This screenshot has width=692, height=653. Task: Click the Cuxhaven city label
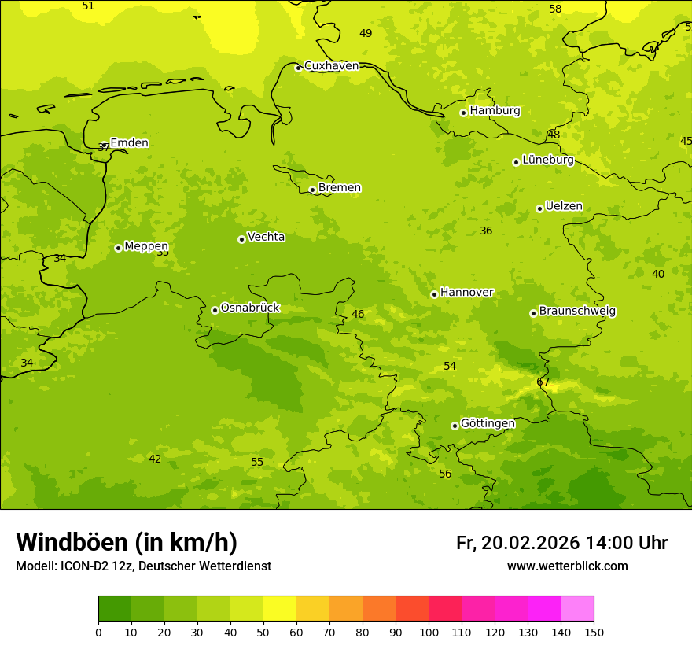331,66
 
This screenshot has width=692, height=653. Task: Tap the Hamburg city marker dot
463,113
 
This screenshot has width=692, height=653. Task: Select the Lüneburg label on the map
548,160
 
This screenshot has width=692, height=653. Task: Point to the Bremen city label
340,188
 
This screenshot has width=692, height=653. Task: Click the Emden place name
129,143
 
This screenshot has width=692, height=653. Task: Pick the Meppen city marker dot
118,248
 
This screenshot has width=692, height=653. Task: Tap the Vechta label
266,237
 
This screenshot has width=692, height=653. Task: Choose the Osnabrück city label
250,308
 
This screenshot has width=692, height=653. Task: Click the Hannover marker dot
434,294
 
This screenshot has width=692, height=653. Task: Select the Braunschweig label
577,312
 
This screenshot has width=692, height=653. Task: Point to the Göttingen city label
488,424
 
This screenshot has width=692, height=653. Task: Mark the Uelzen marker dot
539,208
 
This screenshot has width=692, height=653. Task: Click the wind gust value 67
543,382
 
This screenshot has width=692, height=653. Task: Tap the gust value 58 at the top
555,9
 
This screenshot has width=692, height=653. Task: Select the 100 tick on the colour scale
429,632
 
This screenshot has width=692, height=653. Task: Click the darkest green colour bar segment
115,609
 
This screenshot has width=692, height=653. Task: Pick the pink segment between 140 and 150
577,609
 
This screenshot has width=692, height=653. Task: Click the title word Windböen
72,542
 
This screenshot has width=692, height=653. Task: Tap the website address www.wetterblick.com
567,566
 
